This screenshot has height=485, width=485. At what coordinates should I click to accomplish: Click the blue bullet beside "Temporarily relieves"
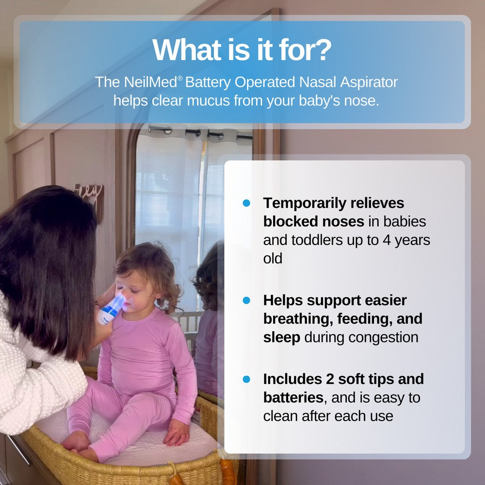246,203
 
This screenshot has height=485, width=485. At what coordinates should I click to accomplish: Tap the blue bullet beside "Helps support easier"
246,300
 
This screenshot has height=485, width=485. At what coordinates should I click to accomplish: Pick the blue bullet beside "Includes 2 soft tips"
246,379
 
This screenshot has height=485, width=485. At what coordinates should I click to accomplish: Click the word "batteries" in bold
293,398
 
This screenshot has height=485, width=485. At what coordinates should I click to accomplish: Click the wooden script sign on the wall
90,194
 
